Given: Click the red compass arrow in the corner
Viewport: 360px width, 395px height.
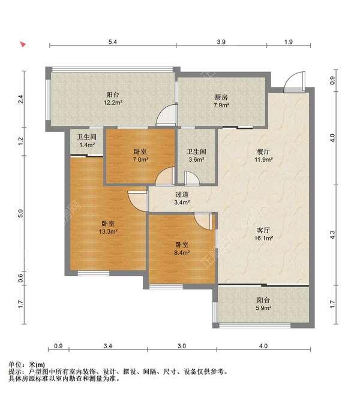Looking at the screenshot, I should click(x=23, y=44).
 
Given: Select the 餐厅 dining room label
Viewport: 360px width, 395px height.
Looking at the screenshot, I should click(x=265, y=152).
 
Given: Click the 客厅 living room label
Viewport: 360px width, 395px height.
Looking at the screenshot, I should click(x=265, y=230).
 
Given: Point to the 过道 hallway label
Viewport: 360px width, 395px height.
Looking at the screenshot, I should click(x=182, y=195).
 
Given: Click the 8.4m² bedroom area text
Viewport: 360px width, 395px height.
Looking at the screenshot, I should click(x=182, y=253).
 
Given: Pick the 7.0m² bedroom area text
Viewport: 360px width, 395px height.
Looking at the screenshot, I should click(x=140, y=160).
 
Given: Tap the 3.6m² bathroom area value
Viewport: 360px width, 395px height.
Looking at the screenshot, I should click(x=196, y=160).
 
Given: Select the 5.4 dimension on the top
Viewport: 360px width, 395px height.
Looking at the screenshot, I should click(x=112, y=42).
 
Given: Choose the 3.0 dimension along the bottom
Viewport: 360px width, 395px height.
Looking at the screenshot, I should click(x=182, y=346).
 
